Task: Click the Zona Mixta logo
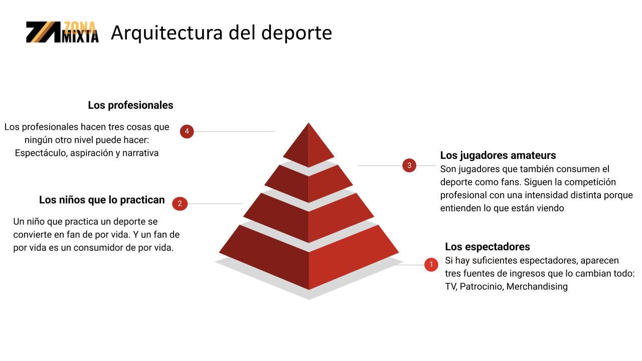[62, 32]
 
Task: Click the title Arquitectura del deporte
[221, 33]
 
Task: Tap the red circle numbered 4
[187, 131]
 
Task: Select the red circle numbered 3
[409, 165]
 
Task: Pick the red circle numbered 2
[180, 204]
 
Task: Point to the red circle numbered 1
[431, 265]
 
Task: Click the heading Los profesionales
[130, 105]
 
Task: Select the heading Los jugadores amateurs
[498, 155]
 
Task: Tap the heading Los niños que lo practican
[102, 200]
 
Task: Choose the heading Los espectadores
[488, 247]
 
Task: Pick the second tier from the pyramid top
[308, 183]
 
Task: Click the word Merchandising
[537, 287]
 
